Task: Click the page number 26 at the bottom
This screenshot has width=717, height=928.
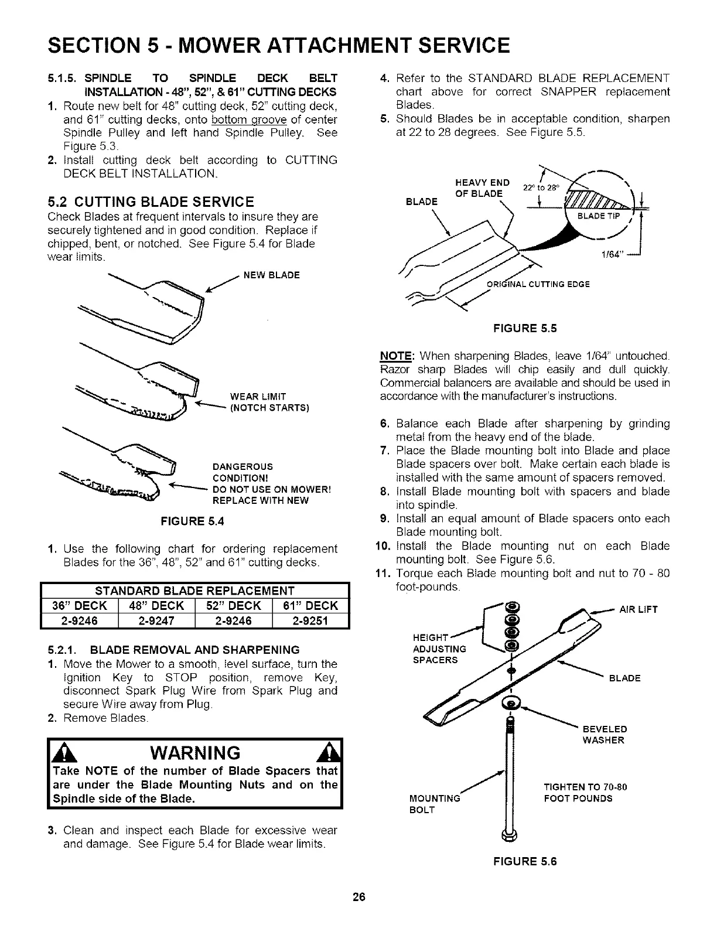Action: tap(359, 897)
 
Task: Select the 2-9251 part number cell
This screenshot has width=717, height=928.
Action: tap(311, 620)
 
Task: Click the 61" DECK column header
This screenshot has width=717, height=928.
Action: tap(311, 605)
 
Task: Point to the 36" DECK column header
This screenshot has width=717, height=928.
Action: tap(80, 605)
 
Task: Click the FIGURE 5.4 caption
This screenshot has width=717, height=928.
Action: tap(193, 521)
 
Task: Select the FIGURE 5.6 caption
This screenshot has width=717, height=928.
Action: tap(525, 861)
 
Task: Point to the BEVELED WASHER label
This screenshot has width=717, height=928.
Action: tap(604, 735)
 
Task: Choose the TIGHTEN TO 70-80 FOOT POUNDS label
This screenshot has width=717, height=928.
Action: tap(585, 792)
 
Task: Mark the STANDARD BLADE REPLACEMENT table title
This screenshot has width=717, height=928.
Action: tap(195, 590)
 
